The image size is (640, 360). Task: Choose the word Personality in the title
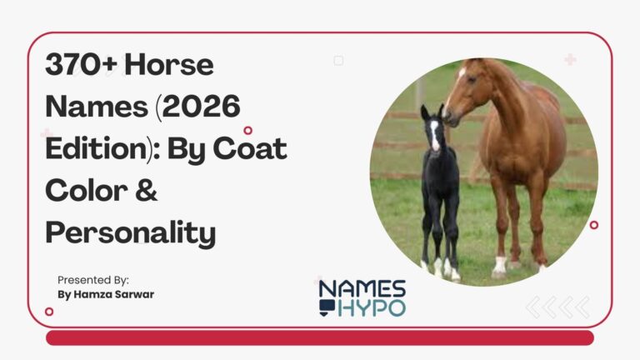(130, 232)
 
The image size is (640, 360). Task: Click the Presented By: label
(93, 280)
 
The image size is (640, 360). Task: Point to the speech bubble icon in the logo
(326, 308)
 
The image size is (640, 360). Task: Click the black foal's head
(432, 129)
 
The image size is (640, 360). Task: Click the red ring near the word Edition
(247, 130)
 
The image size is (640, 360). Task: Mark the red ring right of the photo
(593, 224)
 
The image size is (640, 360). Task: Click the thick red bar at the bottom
(319, 337)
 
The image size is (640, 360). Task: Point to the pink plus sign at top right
(570, 59)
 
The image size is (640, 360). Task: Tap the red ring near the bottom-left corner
(49, 311)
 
